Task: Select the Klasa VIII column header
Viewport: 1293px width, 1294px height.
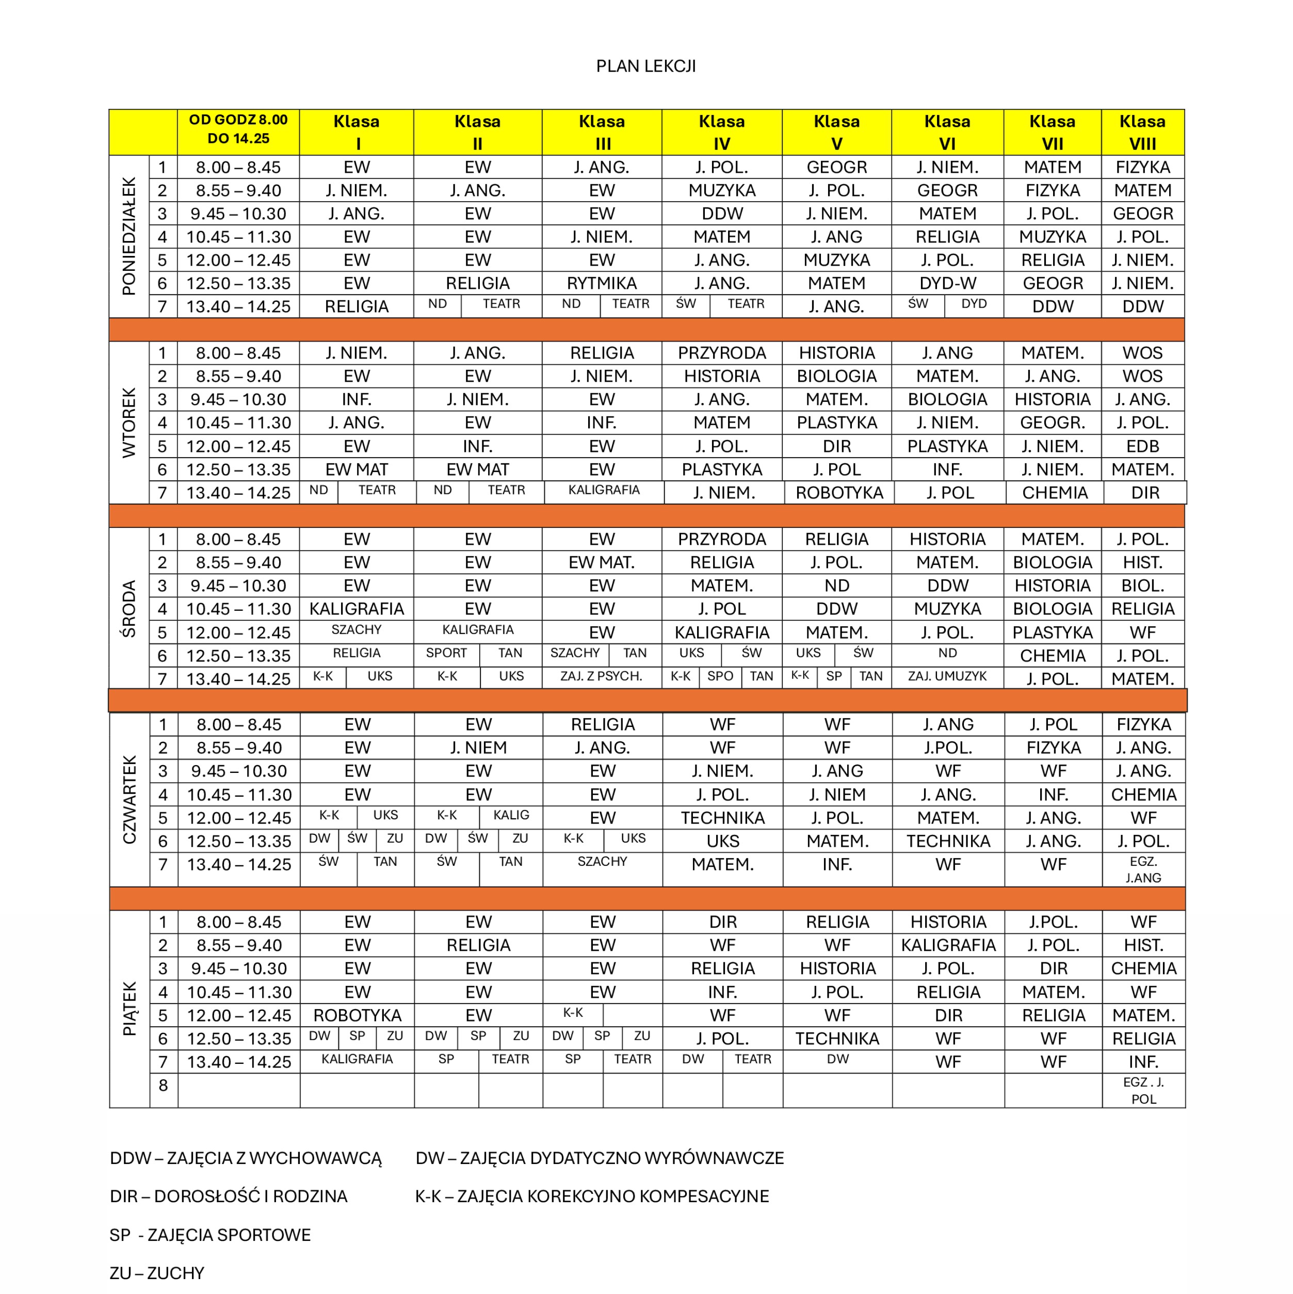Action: click(x=1142, y=132)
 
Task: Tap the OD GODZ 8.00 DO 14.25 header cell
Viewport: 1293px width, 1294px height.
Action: click(x=238, y=130)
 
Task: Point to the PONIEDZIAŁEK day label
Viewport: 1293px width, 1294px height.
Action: click(x=128, y=236)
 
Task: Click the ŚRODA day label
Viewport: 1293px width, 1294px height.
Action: click(x=128, y=608)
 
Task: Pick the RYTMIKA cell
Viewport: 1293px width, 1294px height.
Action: click(x=602, y=283)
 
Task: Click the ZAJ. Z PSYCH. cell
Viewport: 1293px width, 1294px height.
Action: click(x=601, y=676)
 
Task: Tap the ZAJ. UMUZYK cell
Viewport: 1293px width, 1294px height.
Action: click(x=947, y=676)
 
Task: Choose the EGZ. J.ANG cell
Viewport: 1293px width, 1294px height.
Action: click(x=1143, y=869)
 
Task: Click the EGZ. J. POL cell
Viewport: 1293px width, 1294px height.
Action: click(x=1143, y=1090)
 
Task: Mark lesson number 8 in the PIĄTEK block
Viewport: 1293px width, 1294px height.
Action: click(x=163, y=1085)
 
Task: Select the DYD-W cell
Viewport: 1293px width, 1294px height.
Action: click(x=947, y=283)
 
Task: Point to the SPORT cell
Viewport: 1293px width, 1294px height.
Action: click(x=446, y=653)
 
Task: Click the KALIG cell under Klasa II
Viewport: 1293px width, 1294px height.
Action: click(x=511, y=815)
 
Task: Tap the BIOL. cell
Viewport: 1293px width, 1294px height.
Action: click(x=1142, y=586)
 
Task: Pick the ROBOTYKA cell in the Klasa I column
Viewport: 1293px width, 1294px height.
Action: click(x=357, y=1015)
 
